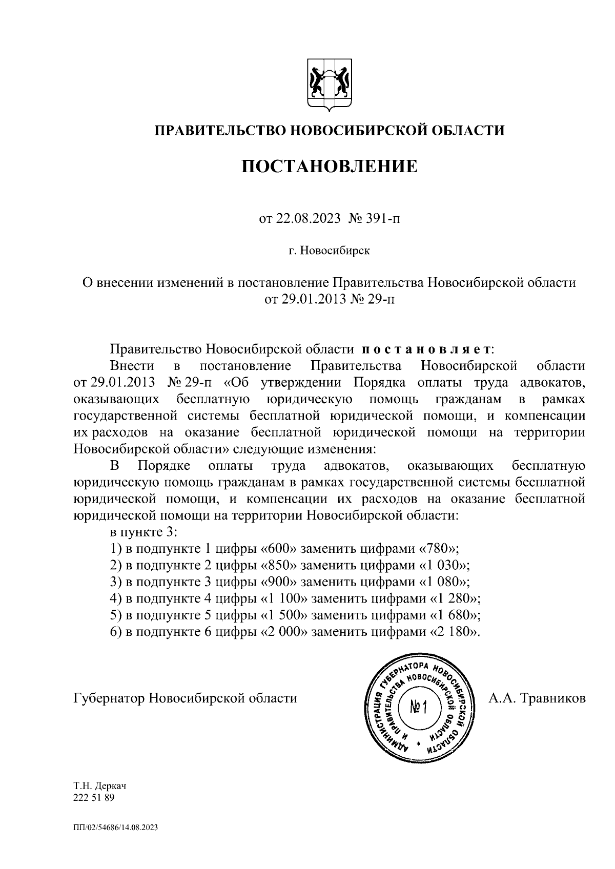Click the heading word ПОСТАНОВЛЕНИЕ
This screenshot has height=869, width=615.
(x=330, y=167)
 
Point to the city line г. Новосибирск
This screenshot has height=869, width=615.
(x=329, y=251)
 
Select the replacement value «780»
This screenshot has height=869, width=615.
(x=438, y=549)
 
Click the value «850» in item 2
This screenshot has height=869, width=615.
(x=280, y=565)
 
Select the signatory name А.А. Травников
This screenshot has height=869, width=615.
(x=537, y=698)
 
